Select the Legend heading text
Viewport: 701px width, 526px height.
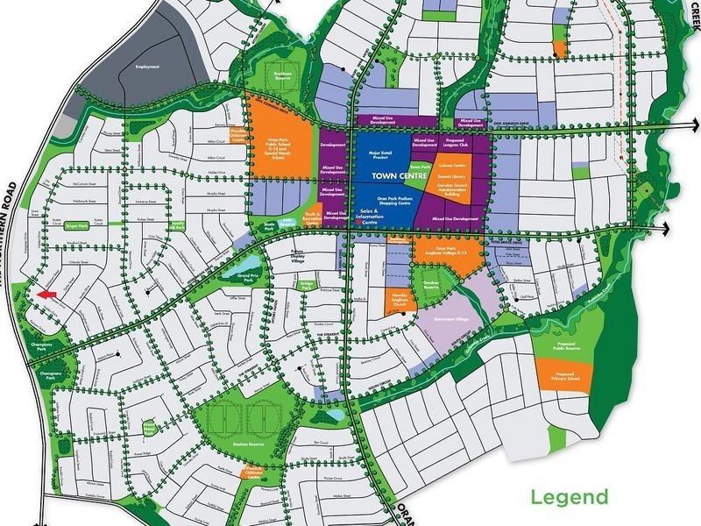tap(569, 498)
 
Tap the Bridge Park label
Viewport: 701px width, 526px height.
tap(307, 285)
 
